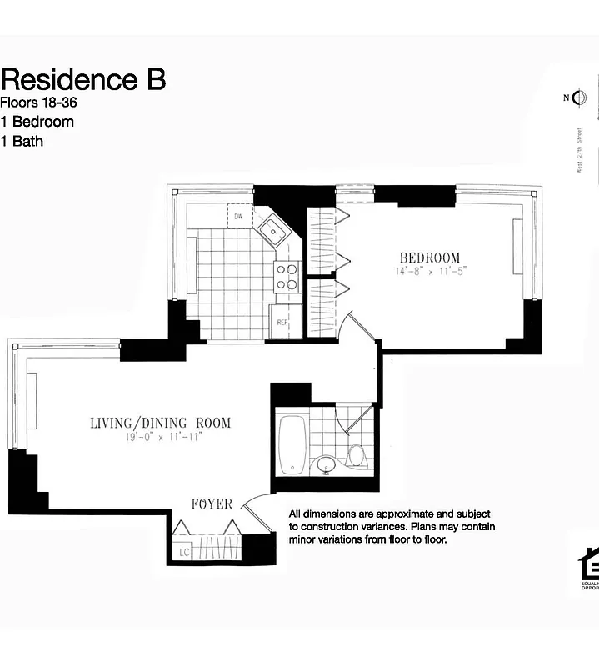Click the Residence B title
coord(83,79)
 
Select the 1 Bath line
coord(22,141)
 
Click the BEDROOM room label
coord(429,258)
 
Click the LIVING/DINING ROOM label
coord(161,423)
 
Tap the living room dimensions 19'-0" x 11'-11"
coord(161,436)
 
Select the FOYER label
coord(211,504)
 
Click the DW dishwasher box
coord(239,216)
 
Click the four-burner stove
coord(287,276)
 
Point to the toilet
coord(357,455)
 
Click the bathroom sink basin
coord(326,464)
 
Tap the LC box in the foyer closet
coord(182,552)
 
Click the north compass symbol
coord(580,98)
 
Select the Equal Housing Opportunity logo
coord(588,567)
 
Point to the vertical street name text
coord(580,152)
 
